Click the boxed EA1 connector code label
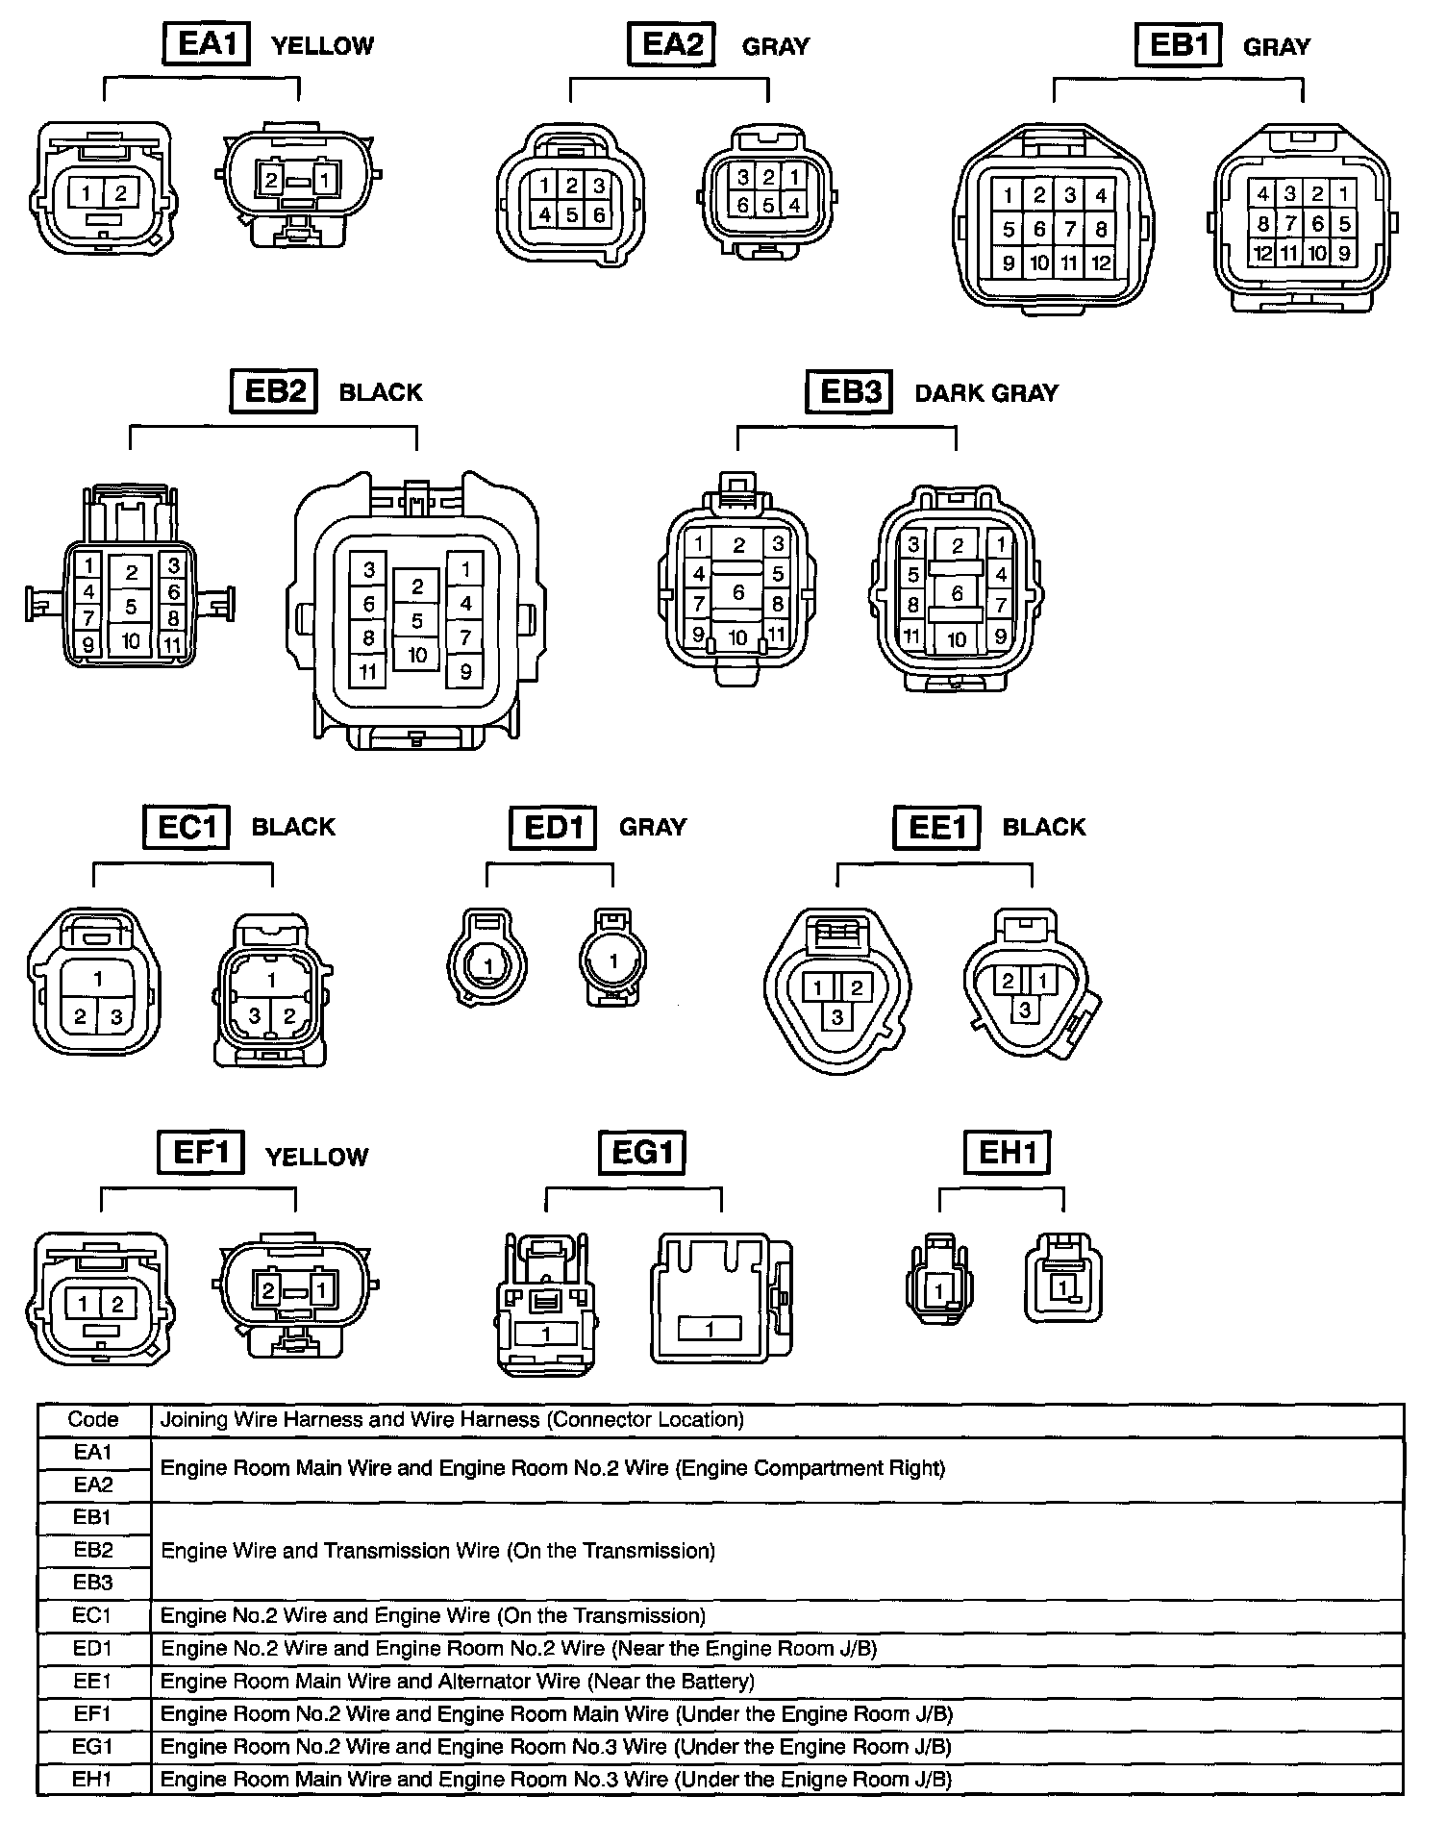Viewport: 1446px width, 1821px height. click(x=206, y=44)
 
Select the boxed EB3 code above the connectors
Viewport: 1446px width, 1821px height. click(x=849, y=392)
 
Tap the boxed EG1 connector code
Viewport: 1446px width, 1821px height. click(x=642, y=1152)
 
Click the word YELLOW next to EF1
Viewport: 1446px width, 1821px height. click(x=317, y=1157)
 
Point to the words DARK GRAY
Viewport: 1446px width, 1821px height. click(x=986, y=393)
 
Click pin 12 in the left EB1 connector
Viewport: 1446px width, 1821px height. click(x=1101, y=262)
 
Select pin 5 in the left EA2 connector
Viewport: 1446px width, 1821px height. click(x=571, y=214)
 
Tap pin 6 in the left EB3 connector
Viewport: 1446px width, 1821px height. click(x=738, y=592)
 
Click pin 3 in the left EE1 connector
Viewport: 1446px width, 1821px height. click(x=837, y=1016)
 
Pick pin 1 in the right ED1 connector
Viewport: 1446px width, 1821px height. click(x=613, y=960)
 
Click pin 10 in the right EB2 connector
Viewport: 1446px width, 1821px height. click(x=417, y=655)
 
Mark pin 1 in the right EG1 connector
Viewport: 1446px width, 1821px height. click(x=710, y=1330)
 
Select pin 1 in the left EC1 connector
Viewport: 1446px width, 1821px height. click(x=98, y=979)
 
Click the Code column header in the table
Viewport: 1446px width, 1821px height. click(x=93, y=1419)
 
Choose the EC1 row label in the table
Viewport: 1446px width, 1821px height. click(x=93, y=1615)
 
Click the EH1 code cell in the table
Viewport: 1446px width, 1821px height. click(x=93, y=1779)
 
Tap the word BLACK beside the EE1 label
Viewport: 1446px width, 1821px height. click(x=1044, y=827)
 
